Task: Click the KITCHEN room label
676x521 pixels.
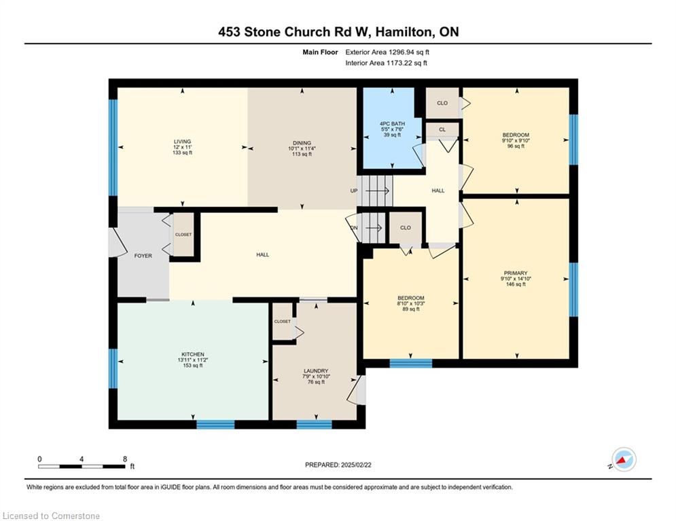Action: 193,354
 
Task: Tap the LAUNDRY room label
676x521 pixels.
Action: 316,370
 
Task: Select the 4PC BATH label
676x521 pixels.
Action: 392,123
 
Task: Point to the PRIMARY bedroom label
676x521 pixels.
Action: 516,273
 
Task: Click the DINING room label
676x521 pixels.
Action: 302,143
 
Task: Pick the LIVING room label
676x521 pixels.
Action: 182,142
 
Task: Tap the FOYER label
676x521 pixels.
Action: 143,256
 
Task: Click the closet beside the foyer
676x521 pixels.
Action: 183,235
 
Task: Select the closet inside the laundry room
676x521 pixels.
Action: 283,321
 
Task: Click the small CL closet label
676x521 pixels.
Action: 442,130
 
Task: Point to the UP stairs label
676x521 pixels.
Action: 354,191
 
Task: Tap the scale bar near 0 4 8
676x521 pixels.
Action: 82,466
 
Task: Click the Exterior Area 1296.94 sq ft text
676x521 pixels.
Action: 387,52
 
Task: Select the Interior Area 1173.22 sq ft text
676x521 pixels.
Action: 387,63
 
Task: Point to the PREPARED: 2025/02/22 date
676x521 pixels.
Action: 338,465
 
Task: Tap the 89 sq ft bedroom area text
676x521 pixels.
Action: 411,309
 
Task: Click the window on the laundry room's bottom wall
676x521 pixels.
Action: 315,424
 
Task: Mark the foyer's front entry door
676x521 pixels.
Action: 116,241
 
